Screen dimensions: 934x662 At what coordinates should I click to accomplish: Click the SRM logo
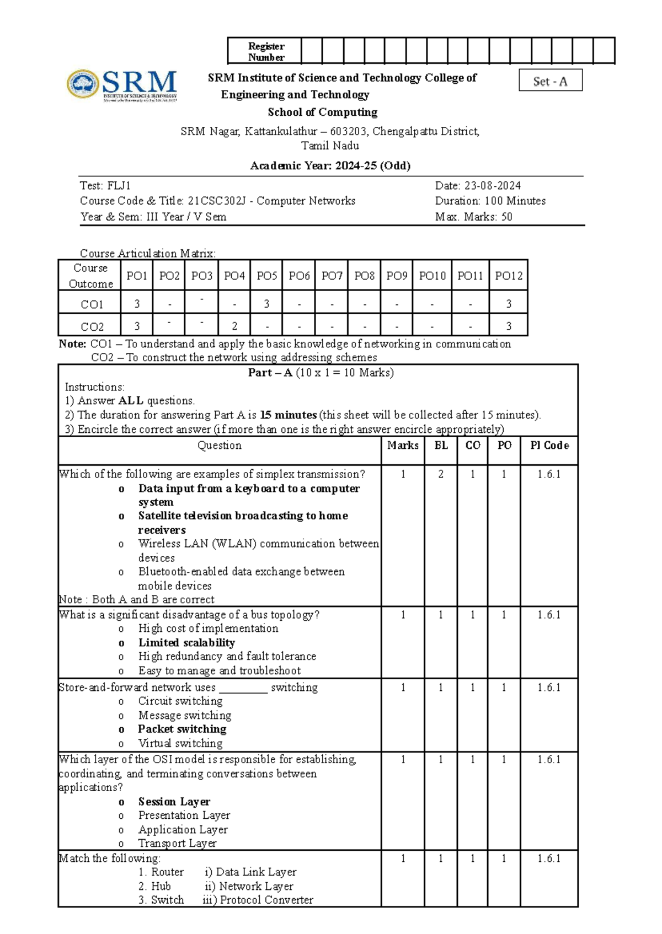(122, 85)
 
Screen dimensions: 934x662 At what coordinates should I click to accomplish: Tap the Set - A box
(550, 82)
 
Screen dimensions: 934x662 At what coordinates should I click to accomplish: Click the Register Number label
(266, 52)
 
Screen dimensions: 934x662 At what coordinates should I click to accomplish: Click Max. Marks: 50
(473, 217)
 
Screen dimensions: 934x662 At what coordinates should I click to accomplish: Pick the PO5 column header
(267, 276)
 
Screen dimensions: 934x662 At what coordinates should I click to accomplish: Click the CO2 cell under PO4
(234, 326)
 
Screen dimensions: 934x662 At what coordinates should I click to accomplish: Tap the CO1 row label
(92, 304)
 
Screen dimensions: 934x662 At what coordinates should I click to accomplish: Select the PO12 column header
(508, 276)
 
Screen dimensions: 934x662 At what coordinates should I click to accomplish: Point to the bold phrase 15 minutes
(288, 415)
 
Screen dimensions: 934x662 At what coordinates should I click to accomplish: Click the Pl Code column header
(549, 445)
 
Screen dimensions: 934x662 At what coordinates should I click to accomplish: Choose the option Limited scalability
(186, 643)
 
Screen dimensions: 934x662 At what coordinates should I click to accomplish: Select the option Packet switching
(182, 729)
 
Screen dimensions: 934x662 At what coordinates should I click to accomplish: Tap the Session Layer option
(174, 802)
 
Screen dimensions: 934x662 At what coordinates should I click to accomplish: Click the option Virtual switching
(180, 743)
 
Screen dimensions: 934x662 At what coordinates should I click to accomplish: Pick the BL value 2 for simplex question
(441, 474)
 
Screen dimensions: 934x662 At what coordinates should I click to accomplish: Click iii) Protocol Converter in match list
(258, 900)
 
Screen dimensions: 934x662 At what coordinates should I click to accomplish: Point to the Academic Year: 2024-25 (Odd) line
(330, 166)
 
